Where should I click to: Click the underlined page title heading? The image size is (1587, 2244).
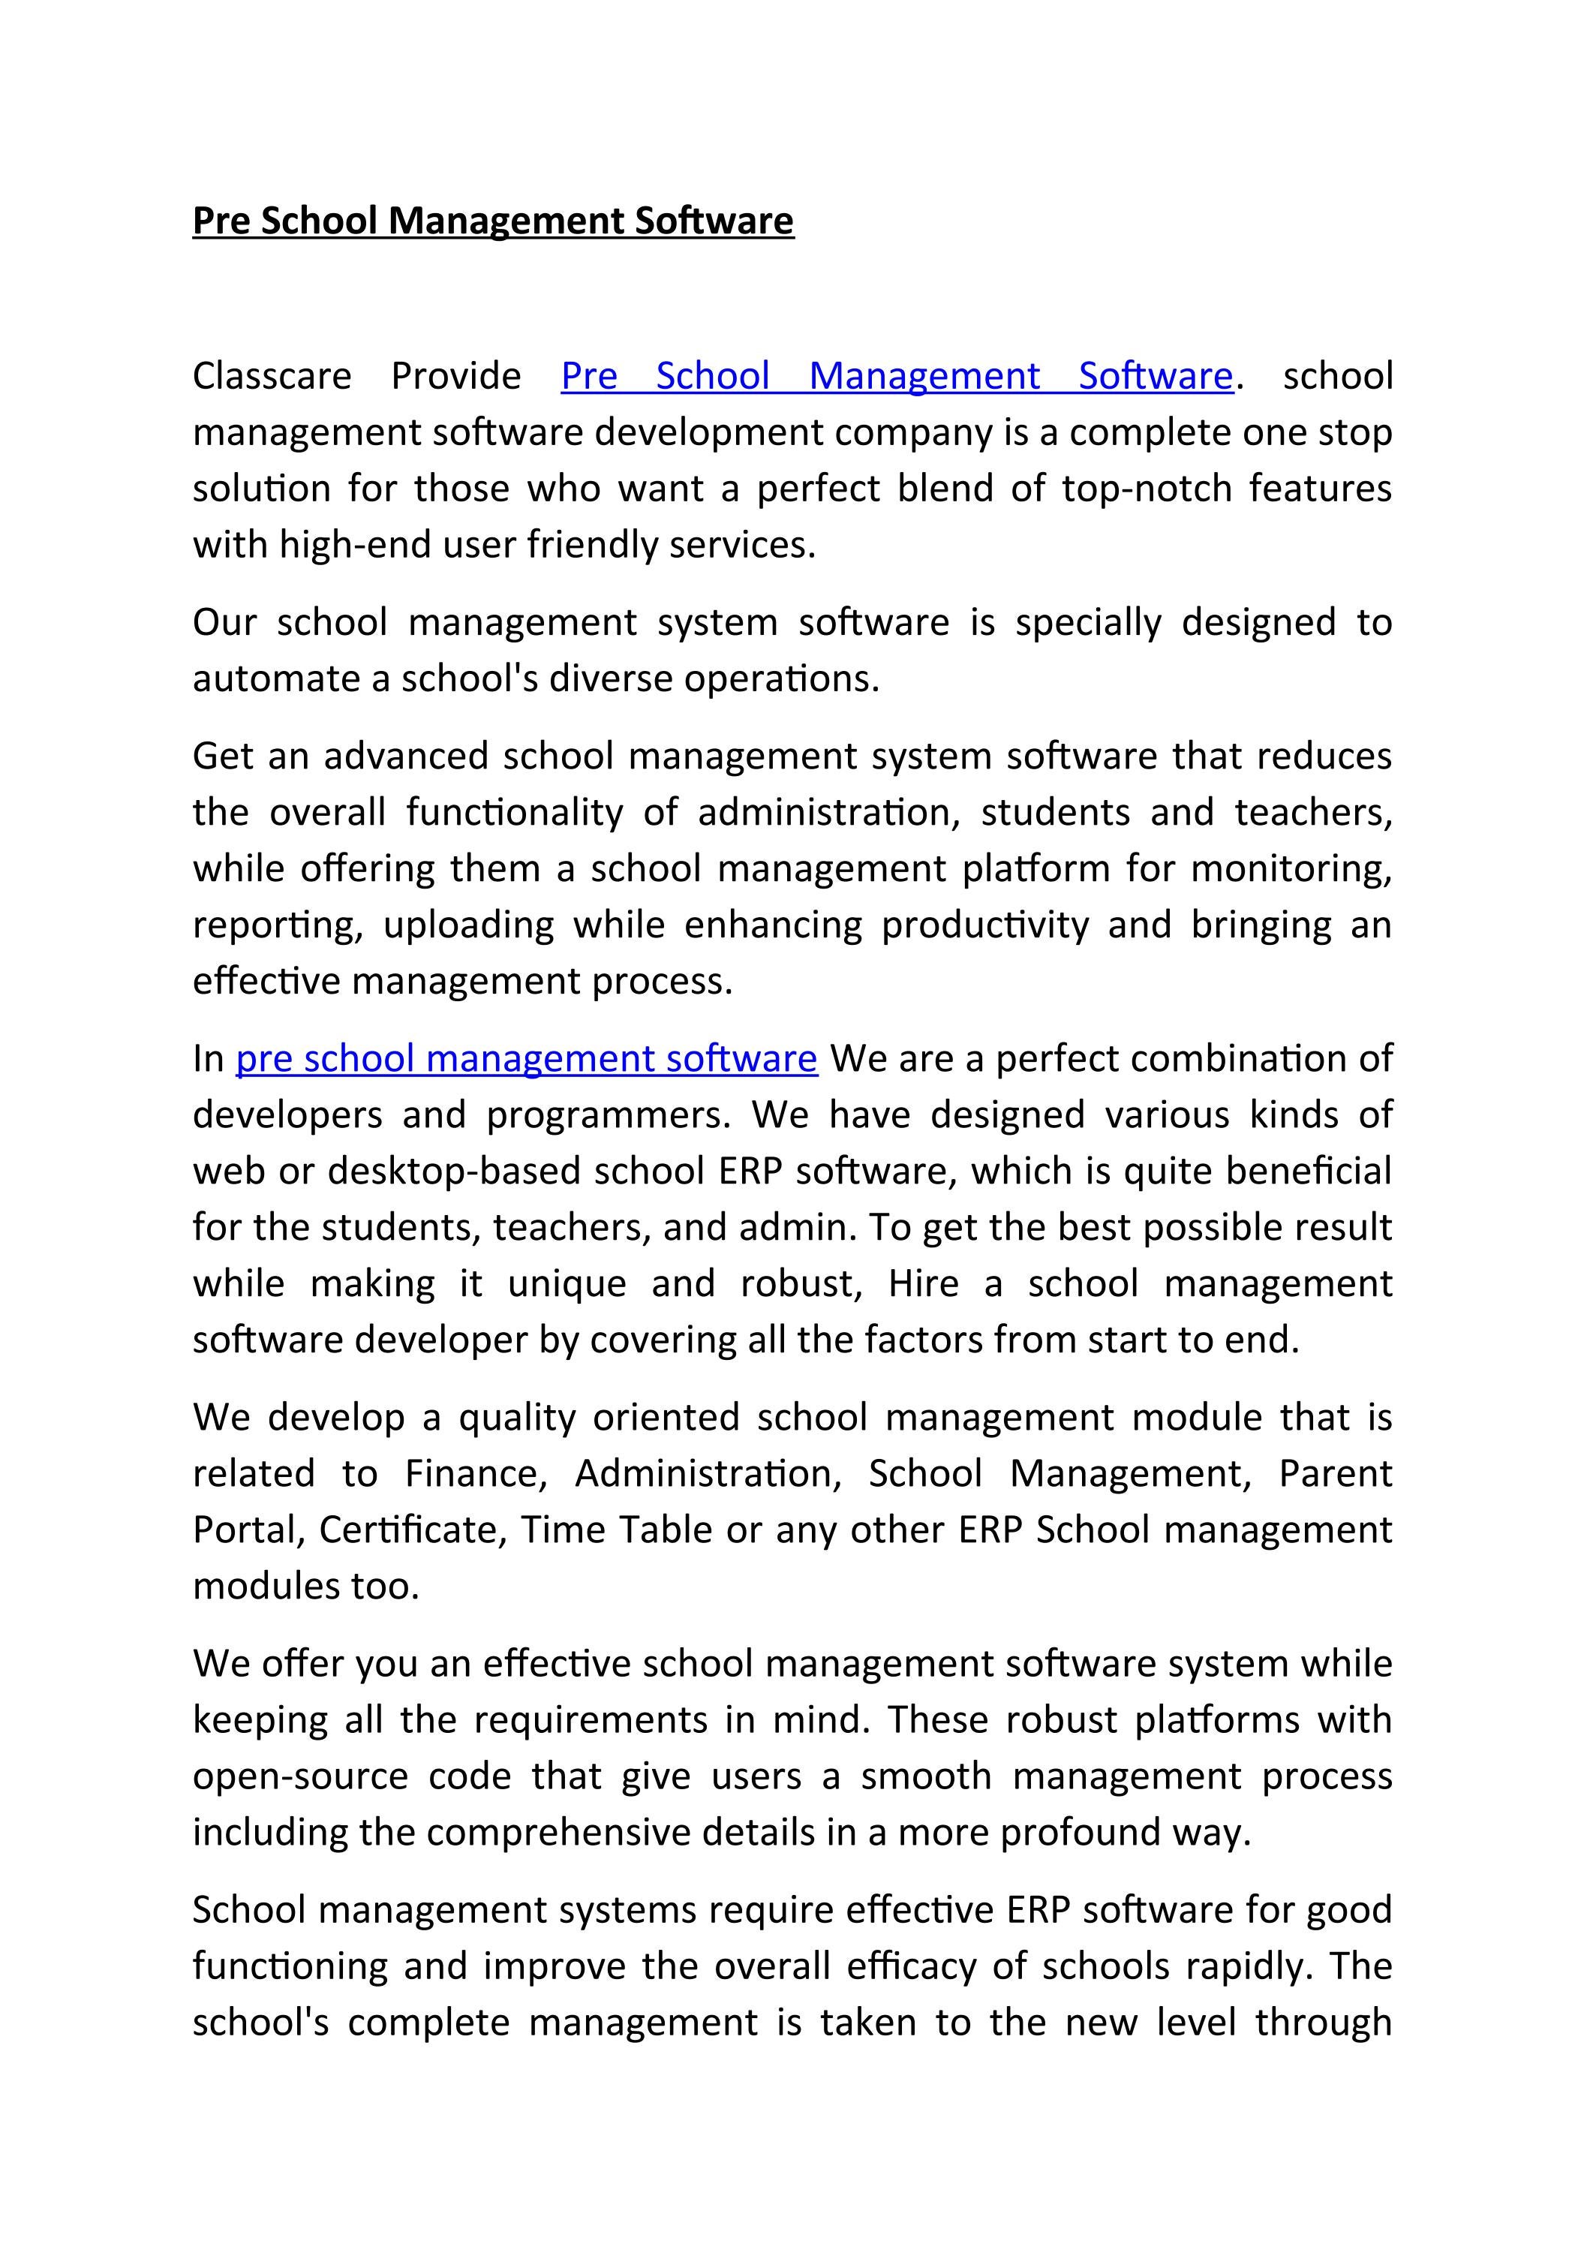(492, 221)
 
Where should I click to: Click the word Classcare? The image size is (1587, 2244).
(272, 376)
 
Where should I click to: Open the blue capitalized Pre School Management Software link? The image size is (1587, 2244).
(896, 376)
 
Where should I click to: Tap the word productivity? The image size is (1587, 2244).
(985, 925)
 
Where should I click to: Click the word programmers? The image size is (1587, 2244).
(608, 1115)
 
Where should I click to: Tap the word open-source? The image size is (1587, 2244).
(300, 1776)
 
